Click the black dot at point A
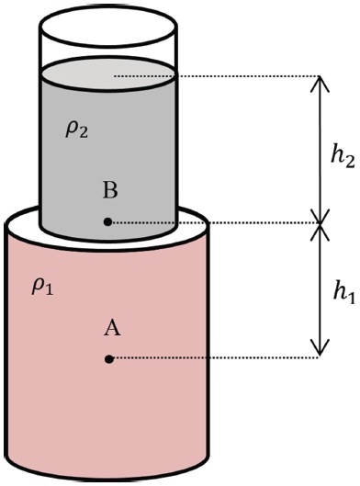[x=108, y=359]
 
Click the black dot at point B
[x=107, y=222]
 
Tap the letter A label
[x=112, y=329]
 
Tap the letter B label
[x=110, y=190]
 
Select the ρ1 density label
[x=42, y=288]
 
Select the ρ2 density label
[x=76, y=130]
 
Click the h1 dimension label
[x=343, y=293]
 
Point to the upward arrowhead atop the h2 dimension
[x=320, y=83]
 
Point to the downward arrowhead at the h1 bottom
[x=320, y=348]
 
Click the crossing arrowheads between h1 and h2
[x=320, y=223]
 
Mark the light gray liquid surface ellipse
[x=108, y=74]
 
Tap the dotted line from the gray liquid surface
[x=217, y=76]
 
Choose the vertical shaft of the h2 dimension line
[x=320, y=150]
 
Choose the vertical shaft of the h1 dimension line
[x=320, y=289]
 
